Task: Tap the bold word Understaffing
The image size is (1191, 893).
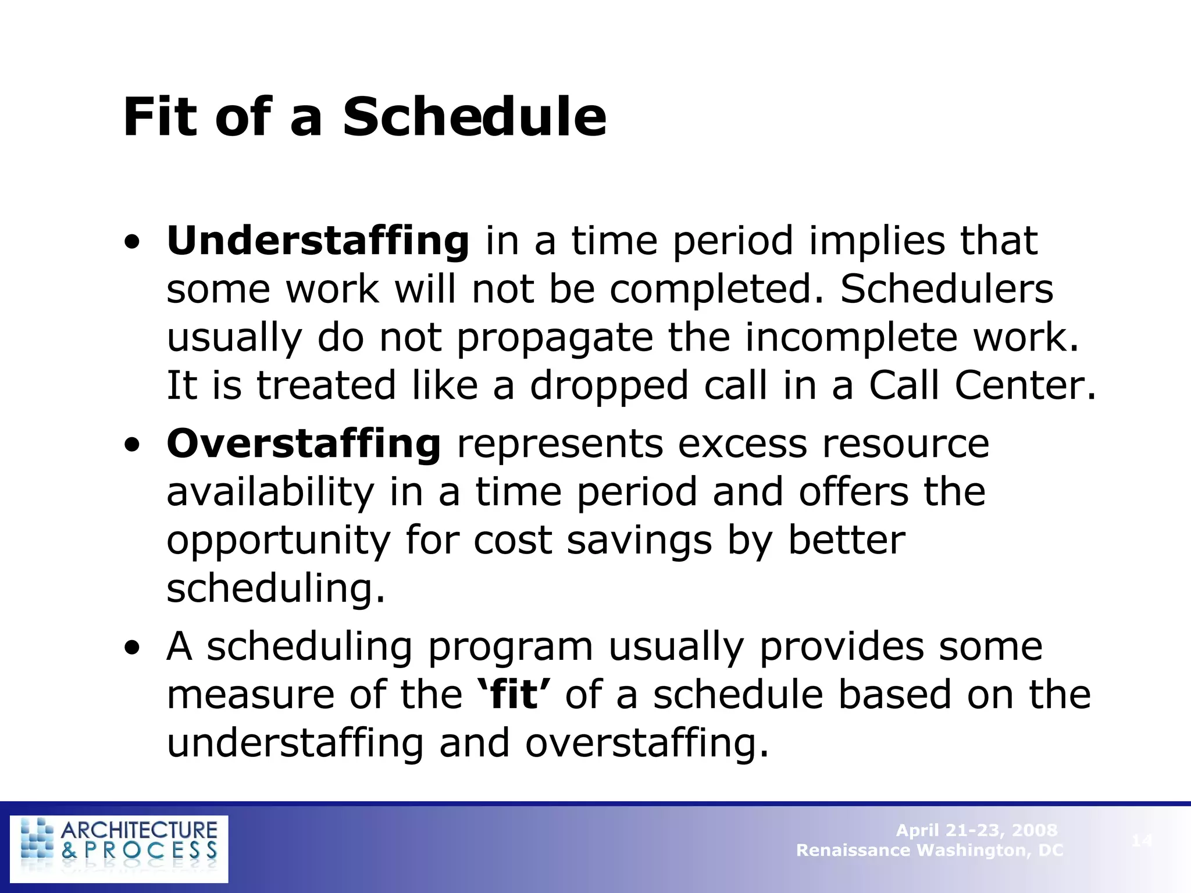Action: pyautogui.click(x=318, y=241)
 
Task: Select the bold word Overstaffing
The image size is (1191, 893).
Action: pyautogui.click(x=304, y=444)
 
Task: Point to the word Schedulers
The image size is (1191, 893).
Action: pyautogui.click(x=946, y=289)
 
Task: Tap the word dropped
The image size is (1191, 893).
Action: pyautogui.click(x=608, y=386)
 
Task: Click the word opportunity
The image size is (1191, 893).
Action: pyautogui.click(x=279, y=540)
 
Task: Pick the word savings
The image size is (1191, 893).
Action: pyautogui.click(x=639, y=540)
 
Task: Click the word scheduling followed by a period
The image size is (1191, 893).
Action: pyautogui.click(x=276, y=588)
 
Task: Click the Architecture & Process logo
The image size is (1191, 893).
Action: pyautogui.click(x=119, y=849)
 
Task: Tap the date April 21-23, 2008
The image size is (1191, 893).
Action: pyautogui.click(x=976, y=830)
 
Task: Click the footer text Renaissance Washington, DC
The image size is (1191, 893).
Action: pyautogui.click(x=929, y=851)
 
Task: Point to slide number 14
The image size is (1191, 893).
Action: pyautogui.click(x=1142, y=840)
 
